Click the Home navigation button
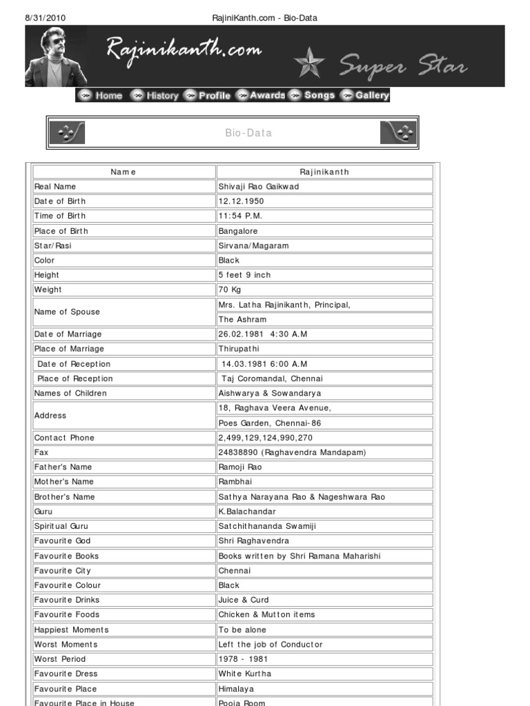click(101, 96)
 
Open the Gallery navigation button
click(366, 96)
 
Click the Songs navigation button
click(313, 96)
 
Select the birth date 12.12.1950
click(241, 201)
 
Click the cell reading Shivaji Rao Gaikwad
click(258, 187)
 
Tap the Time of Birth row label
click(60, 216)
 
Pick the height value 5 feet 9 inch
click(244, 275)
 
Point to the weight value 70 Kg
click(230, 290)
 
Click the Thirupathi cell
click(239, 349)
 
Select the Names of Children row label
click(70, 393)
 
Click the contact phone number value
click(265, 438)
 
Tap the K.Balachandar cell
click(247, 512)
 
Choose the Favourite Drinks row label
click(68, 600)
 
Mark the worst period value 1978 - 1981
click(243, 659)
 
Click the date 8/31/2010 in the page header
click(46, 17)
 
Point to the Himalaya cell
click(236, 689)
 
